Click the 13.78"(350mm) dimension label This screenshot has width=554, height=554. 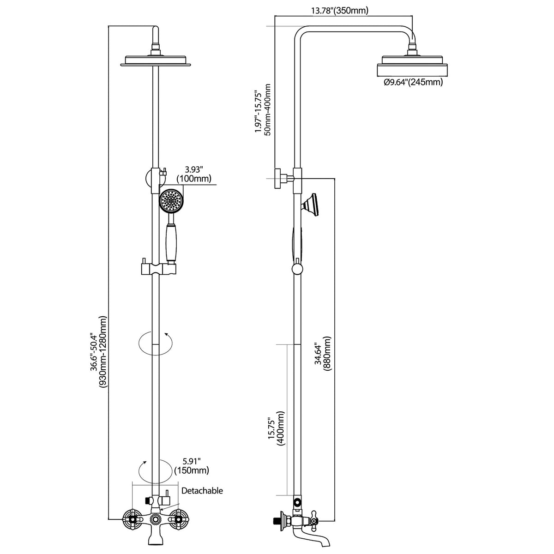click(339, 11)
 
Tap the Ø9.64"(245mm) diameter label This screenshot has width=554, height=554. click(413, 82)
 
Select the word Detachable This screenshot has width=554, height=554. click(202, 490)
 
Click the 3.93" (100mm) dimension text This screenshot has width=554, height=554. click(194, 174)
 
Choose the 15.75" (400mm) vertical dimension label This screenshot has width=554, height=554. click(276, 428)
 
